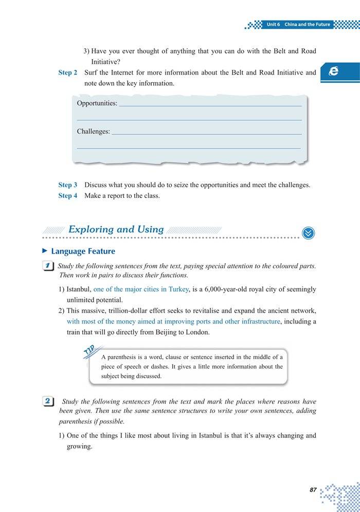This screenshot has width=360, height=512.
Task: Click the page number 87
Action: click(x=313, y=490)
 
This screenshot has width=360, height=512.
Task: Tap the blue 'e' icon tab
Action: click(x=334, y=71)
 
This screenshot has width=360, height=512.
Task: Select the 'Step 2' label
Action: click(x=68, y=72)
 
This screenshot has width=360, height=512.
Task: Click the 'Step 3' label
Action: click(x=68, y=185)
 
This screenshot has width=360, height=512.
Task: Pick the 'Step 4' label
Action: click(x=68, y=195)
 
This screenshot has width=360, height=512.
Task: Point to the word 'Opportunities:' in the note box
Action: click(x=97, y=103)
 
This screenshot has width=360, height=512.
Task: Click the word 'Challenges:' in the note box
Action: click(x=94, y=132)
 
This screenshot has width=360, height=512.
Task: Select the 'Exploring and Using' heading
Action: click(x=116, y=230)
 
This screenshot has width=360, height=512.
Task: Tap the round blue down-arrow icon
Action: click(x=308, y=233)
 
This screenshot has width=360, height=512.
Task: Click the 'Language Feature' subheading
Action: click(x=83, y=251)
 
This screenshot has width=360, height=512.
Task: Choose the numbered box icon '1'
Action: click(x=47, y=266)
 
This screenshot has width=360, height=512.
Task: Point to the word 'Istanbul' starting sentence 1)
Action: click(x=79, y=289)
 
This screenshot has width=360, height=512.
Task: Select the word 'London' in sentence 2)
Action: click(x=197, y=332)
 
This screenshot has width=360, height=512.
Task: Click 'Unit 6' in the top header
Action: click(x=273, y=24)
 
